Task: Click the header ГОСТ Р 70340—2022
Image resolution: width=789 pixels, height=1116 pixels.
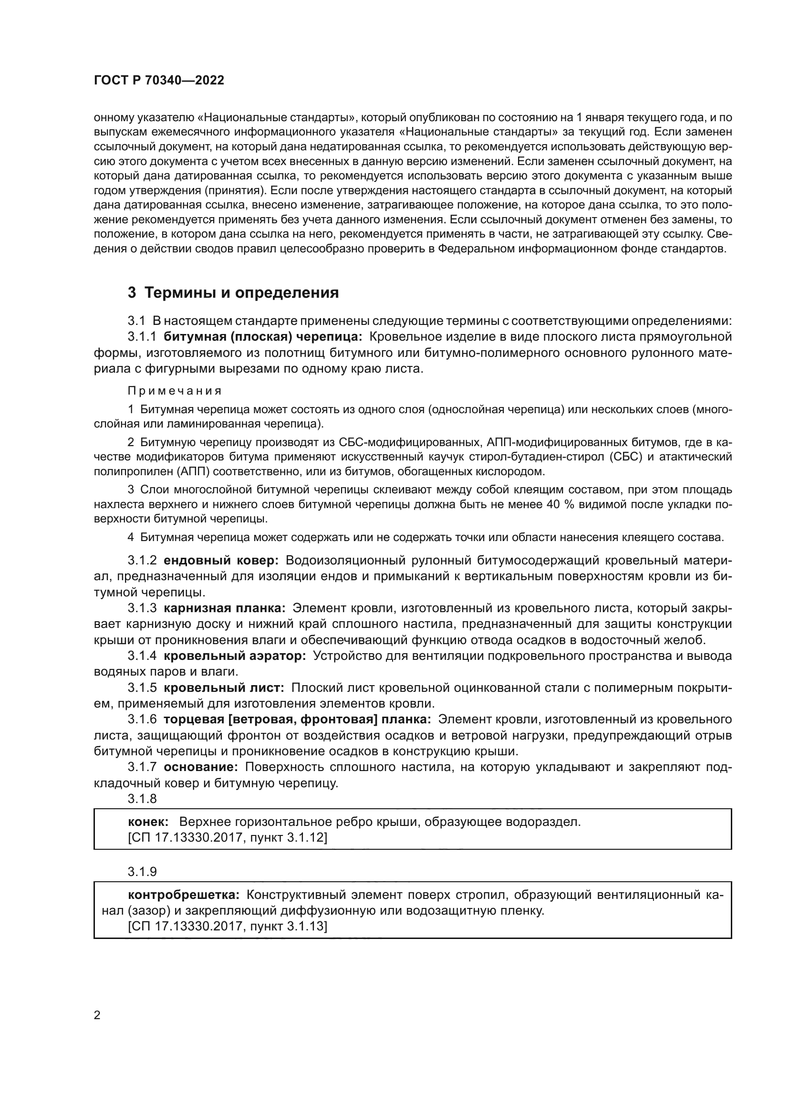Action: click(x=159, y=81)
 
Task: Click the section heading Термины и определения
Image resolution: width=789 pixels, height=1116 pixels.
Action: click(x=241, y=292)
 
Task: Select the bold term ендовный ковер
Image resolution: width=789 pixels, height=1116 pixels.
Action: click(x=221, y=561)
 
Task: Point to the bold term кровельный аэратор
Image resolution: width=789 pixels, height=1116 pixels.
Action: click(x=235, y=656)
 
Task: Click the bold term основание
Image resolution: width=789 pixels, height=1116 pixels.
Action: click(x=201, y=767)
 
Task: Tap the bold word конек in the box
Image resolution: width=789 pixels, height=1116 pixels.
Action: click(x=148, y=822)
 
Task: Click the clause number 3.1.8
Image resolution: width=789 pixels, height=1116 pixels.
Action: click(x=142, y=799)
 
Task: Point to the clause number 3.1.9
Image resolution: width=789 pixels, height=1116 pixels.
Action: click(x=142, y=872)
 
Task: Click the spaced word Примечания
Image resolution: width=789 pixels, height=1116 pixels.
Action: click(x=175, y=391)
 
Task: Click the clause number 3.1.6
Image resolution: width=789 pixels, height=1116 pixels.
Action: click(x=142, y=720)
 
